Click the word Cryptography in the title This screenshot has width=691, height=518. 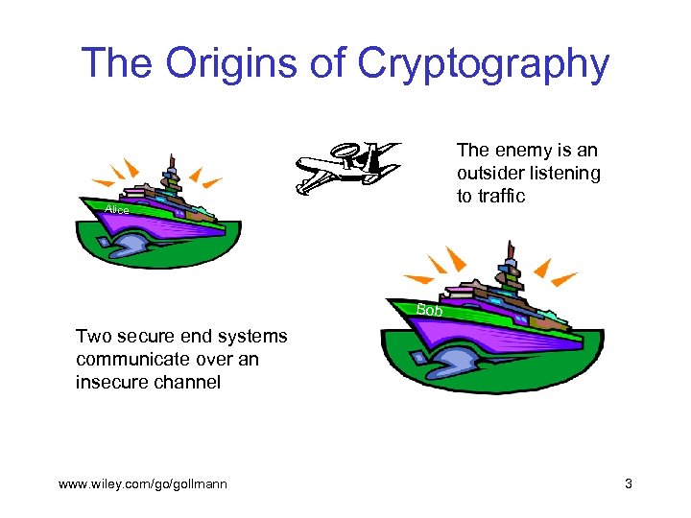coord(484,63)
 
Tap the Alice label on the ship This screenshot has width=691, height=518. coord(117,209)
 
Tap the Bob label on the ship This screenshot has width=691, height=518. coord(430,311)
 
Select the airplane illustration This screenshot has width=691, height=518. coord(346,165)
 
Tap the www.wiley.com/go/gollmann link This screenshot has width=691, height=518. coord(143,483)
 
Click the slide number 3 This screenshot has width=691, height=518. coord(628,483)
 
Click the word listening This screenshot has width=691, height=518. coord(567,174)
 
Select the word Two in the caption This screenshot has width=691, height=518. coord(93,337)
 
